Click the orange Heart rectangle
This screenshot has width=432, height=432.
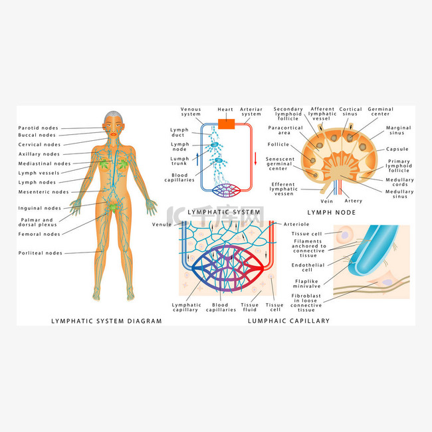pos(226,124)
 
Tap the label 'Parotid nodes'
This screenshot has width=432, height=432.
pos(39,128)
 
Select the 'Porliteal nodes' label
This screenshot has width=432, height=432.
pos(41,253)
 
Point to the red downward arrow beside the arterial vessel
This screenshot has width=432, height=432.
pos(255,158)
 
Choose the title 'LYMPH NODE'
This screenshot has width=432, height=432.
pos(332,213)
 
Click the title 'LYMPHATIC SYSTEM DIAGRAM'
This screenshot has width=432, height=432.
pos(106,321)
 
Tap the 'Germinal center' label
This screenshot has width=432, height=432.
pos(380,111)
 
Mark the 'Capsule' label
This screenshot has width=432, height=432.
pos(397,149)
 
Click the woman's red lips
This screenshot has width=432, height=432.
pos(114,134)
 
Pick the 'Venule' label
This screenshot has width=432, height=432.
pos(162,225)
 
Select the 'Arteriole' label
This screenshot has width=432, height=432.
pos(296,224)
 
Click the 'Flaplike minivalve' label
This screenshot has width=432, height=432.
pos(306,284)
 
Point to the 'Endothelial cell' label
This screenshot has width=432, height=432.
pos(308,268)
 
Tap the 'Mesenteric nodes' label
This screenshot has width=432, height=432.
pos(43,192)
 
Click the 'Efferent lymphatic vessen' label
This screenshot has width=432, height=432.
pos(284,189)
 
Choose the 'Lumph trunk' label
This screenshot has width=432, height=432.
pos(179,161)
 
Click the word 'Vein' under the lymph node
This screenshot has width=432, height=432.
pos(327,201)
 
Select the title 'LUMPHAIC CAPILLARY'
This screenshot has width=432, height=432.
pos(288,321)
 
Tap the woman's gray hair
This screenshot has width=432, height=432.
pos(113,116)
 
